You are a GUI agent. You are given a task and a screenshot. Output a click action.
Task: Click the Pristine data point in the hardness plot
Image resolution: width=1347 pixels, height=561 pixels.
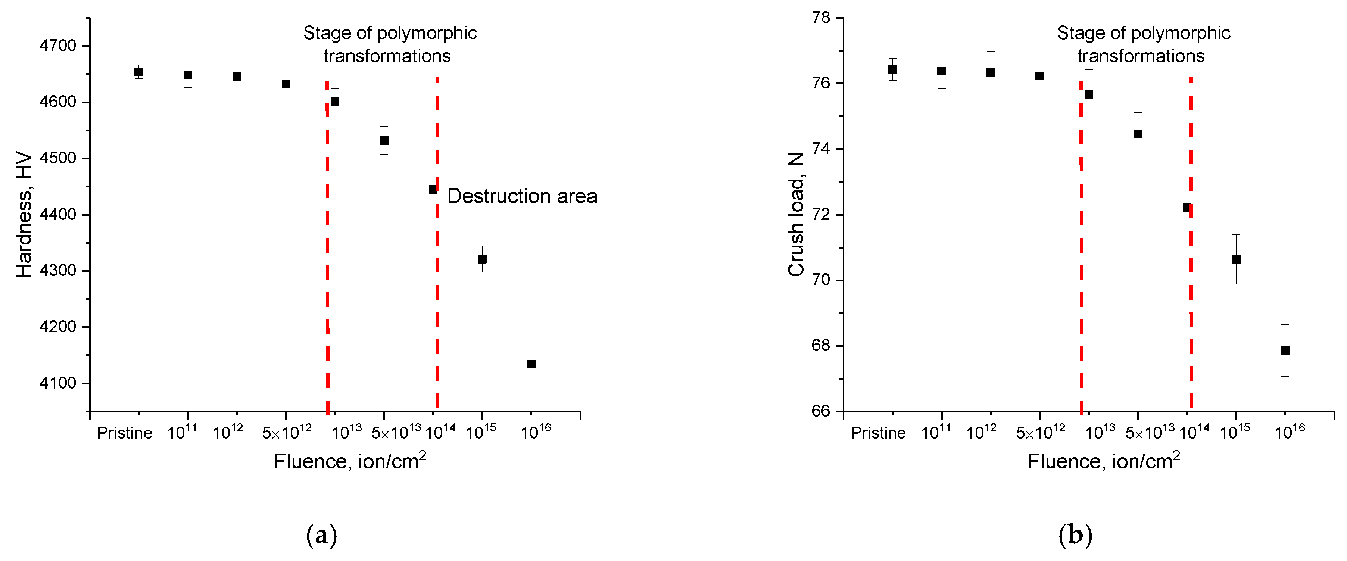click(138, 72)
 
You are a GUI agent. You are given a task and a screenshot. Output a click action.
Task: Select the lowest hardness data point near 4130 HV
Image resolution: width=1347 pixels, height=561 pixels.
click(531, 364)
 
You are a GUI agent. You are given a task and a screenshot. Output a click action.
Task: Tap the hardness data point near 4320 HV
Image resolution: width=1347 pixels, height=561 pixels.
click(482, 259)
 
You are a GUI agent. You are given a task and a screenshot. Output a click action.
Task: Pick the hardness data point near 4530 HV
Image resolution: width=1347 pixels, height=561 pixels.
click(384, 141)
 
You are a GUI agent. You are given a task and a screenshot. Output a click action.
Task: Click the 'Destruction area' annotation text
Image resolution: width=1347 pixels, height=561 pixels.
click(522, 196)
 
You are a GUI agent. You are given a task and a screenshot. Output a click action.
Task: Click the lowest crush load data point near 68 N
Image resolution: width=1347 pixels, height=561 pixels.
click(1285, 350)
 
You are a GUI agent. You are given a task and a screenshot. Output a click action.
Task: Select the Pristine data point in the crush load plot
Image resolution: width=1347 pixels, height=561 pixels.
click(893, 69)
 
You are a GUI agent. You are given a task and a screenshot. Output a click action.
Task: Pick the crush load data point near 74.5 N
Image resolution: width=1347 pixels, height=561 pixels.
click(1137, 134)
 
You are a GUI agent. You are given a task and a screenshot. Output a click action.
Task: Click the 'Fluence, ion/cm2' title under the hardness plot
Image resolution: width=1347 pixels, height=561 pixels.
click(349, 461)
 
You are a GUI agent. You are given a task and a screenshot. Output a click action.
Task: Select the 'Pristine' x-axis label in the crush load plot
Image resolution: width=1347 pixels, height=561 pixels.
click(878, 433)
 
